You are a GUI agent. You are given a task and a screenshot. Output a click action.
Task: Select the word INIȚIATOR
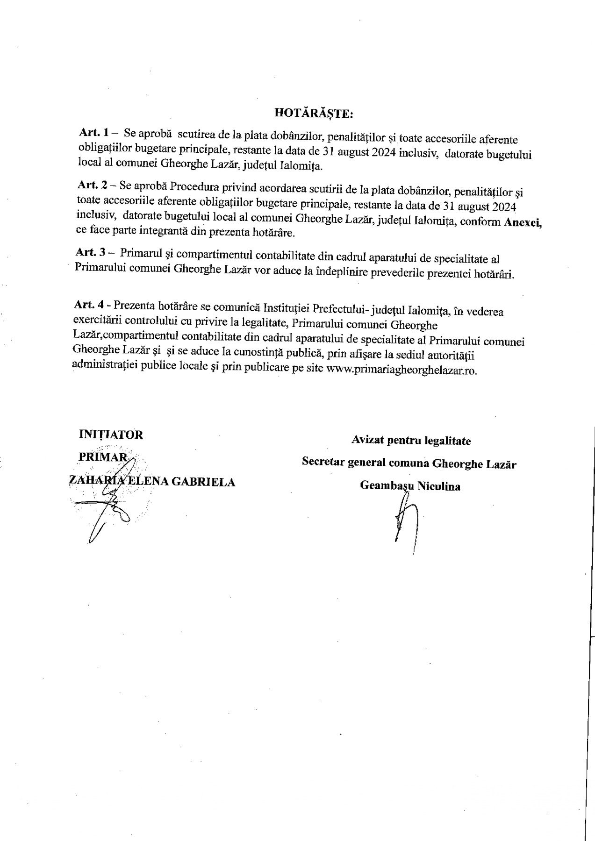click(x=111, y=435)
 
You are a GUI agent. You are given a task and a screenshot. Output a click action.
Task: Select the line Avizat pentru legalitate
click(x=411, y=440)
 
